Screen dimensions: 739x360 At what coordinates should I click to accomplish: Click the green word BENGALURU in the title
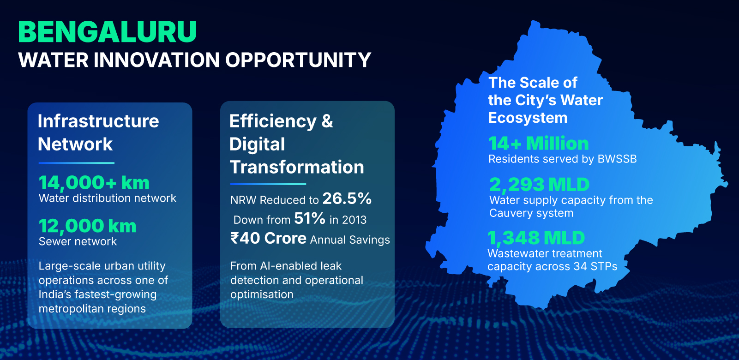(x=107, y=32)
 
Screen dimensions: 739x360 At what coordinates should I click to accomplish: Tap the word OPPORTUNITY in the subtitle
(x=298, y=60)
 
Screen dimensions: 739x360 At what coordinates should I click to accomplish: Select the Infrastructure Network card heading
(x=98, y=132)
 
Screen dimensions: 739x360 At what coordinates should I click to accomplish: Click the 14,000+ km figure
(x=94, y=183)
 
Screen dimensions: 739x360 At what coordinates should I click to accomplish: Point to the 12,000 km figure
(x=87, y=226)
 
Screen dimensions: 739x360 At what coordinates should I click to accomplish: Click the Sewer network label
(x=78, y=241)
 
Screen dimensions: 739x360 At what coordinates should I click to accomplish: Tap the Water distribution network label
(x=108, y=198)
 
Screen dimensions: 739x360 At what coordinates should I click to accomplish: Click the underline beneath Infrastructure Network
(x=77, y=163)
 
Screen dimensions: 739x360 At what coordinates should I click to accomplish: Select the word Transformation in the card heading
(x=297, y=167)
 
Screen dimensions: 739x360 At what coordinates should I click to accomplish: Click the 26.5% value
(x=347, y=198)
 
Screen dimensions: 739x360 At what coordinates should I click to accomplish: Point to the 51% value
(x=309, y=218)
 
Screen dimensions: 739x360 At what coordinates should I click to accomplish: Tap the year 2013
(x=354, y=220)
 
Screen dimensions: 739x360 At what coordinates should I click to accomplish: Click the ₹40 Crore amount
(x=269, y=238)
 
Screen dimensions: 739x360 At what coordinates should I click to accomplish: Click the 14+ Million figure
(x=538, y=144)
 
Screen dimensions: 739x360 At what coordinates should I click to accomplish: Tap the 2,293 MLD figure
(x=539, y=185)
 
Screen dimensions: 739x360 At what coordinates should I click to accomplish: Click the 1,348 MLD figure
(x=536, y=238)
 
